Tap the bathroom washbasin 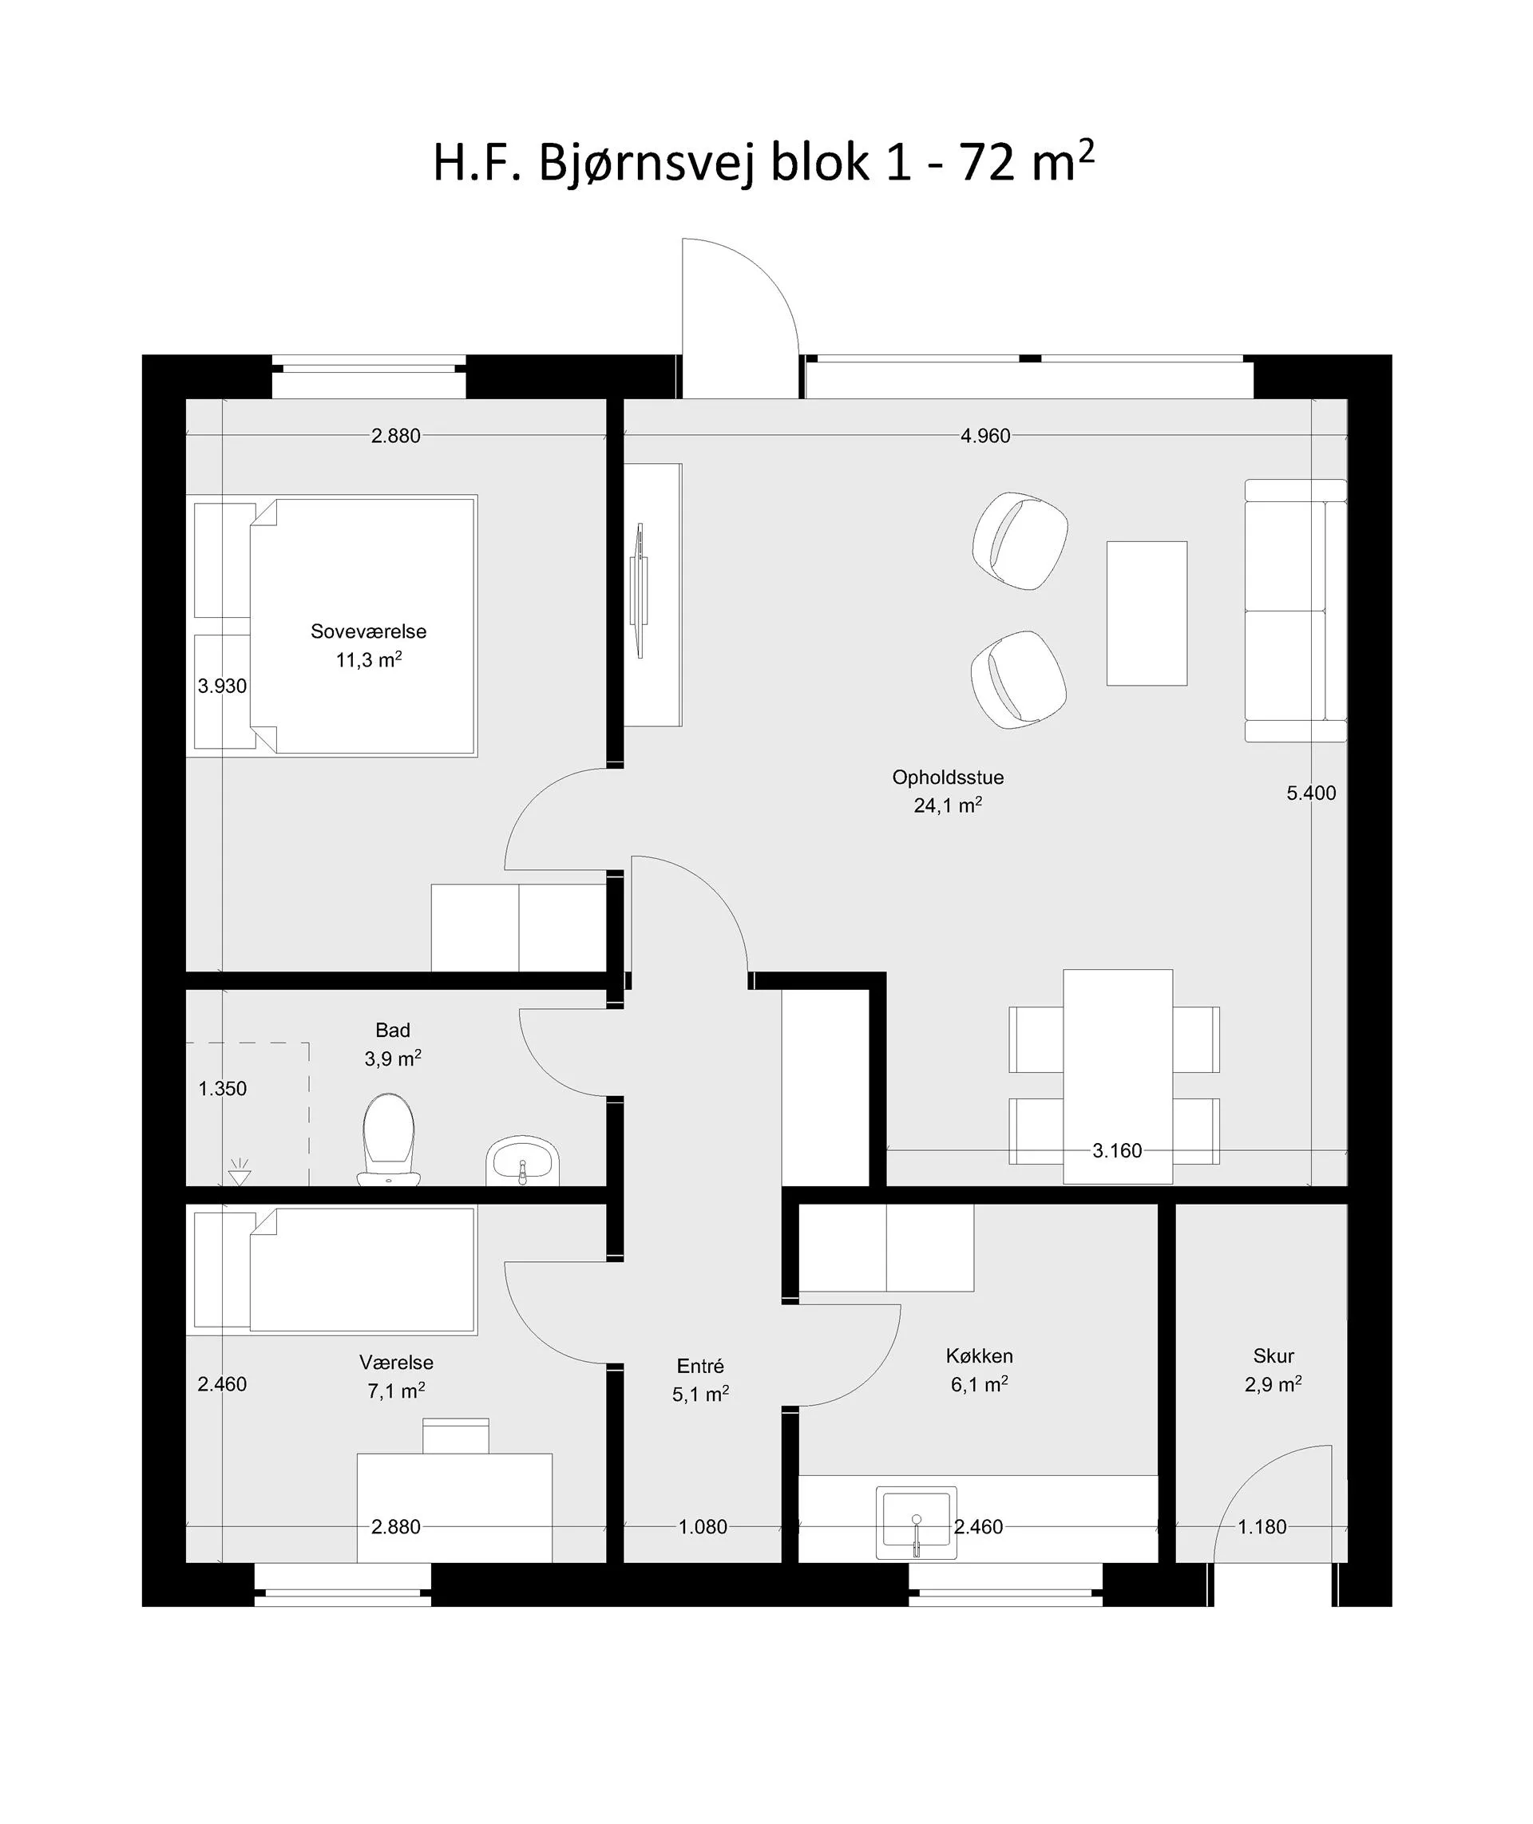coord(522,1161)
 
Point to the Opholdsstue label coord(947,777)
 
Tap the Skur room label coord(1274,1355)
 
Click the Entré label coord(699,1366)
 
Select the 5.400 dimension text coord(1311,793)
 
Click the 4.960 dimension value coord(985,435)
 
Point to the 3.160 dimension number coord(1117,1150)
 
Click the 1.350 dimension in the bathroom coord(223,1088)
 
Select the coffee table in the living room coord(1147,614)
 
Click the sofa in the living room coord(1296,610)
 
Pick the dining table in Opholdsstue coord(1118,1076)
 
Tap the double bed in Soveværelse coord(335,626)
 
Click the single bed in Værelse coord(335,1269)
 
